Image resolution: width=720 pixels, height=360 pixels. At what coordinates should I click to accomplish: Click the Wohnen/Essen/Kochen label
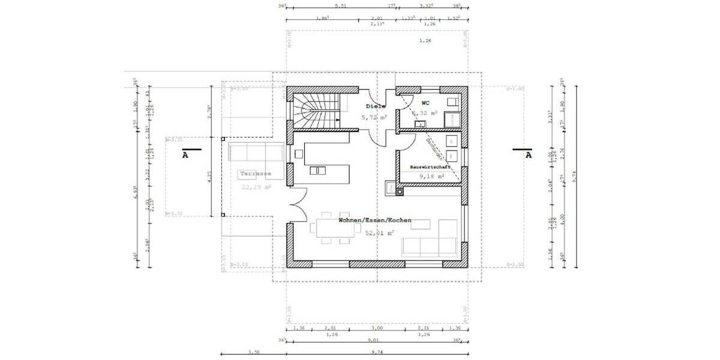pos(375,221)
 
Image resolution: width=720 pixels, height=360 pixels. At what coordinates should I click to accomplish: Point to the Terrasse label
pos(256,174)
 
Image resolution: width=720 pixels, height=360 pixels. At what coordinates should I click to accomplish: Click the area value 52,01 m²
pos(380,233)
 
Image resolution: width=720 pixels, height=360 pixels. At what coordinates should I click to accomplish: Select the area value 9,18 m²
pos(431,176)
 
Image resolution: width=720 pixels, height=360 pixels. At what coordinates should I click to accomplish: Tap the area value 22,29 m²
pos(256,187)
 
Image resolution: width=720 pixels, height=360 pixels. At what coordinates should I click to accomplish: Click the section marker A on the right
pos(528,154)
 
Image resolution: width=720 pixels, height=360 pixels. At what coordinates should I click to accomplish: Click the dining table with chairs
pos(331,228)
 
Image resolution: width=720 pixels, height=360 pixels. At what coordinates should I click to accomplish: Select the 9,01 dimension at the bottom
pos(376,341)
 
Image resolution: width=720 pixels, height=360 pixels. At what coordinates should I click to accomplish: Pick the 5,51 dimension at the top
pos(340,6)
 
